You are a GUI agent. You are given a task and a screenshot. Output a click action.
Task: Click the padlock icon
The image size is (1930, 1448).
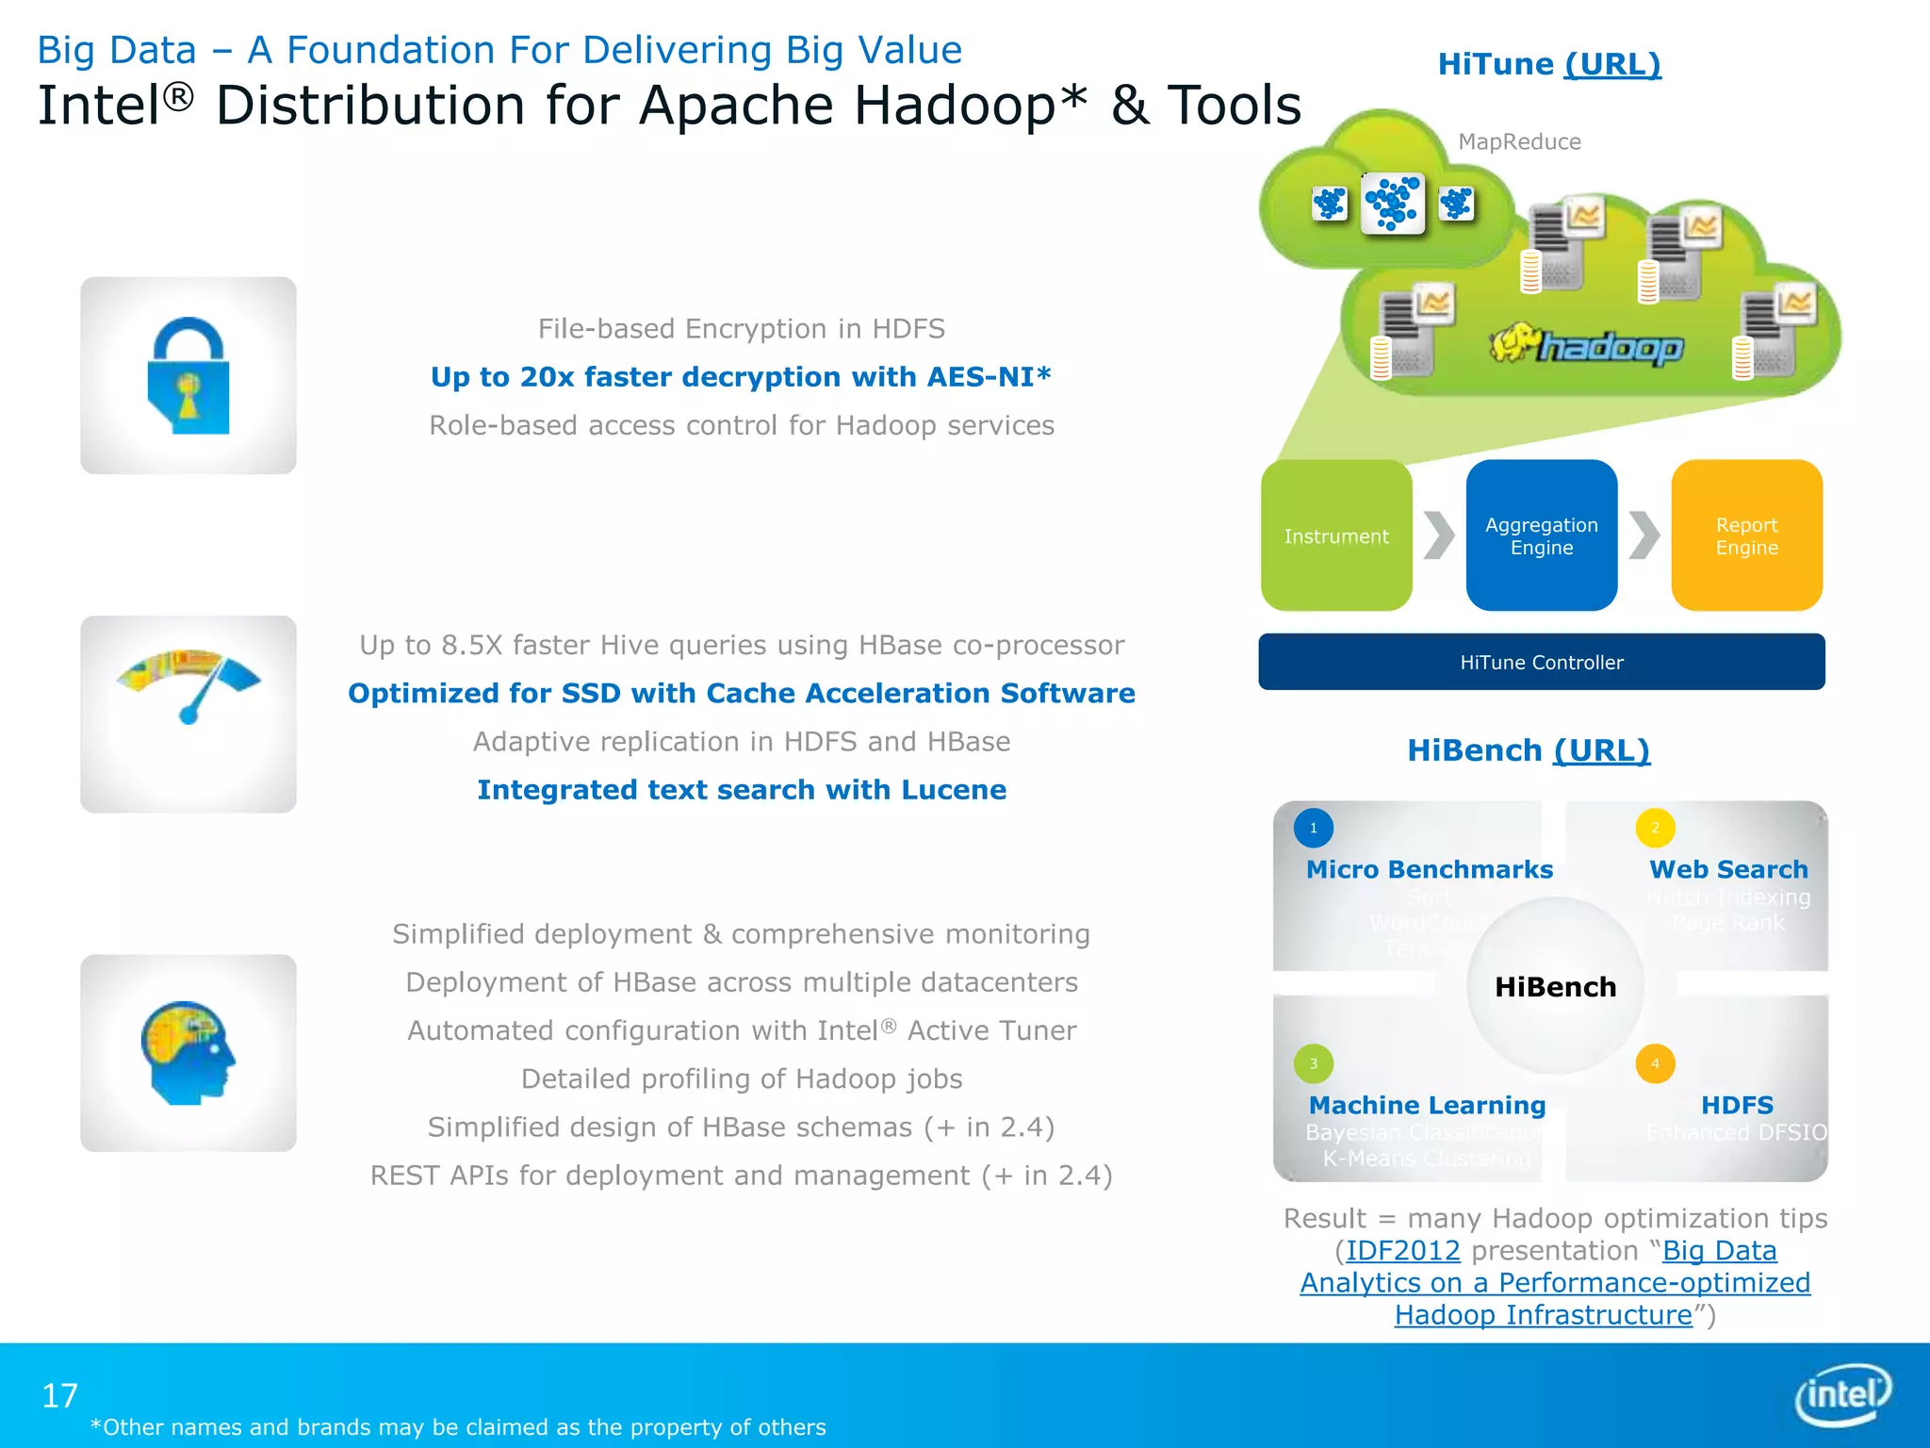coord(188,375)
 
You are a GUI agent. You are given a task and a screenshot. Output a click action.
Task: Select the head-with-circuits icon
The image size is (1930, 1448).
coord(188,1052)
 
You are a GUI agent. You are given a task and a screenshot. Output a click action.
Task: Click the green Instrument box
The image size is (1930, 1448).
coord(1336,535)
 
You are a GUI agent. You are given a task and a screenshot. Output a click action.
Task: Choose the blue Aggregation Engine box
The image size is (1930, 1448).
coord(1542,535)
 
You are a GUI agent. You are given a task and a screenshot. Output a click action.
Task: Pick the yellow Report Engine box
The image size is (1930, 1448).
coord(1746,535)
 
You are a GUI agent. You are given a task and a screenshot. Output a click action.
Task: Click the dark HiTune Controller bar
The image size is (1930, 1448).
coord(1542,662)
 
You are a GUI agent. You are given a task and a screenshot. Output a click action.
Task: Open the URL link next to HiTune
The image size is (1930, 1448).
coord(1612,64)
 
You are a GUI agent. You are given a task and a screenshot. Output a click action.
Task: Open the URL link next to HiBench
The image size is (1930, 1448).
coord(1601,750)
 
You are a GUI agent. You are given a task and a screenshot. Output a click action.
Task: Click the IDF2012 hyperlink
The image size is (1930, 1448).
coord(1402,1251)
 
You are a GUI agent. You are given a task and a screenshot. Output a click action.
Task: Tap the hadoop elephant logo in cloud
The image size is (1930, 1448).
coord(1587,345)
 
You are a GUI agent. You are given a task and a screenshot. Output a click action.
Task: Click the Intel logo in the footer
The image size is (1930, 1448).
coord(1842,1393)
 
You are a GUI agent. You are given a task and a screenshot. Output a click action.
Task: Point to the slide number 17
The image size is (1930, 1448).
coord(60,1395)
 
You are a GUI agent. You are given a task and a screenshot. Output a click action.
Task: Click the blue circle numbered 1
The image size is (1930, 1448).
coord(1313,828)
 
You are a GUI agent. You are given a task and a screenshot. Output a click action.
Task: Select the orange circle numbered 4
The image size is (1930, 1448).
coord(1655,1063)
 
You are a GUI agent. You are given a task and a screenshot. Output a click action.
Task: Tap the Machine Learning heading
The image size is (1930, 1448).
coord(1427,1105)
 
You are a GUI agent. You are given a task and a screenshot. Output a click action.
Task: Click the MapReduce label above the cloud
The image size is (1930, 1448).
coord(1519,142)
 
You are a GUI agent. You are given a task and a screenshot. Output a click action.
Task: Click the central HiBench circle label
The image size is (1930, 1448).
coord(1555,987)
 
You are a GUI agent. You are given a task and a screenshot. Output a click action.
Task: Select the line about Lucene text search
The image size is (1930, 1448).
coord(742,790)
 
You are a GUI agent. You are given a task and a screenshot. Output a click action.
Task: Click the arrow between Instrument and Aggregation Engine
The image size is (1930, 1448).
coord(1439,535)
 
